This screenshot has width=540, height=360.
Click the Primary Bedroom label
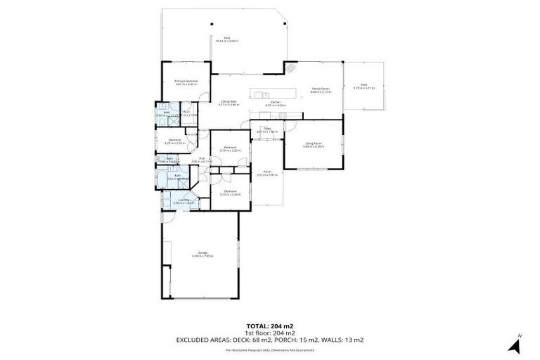(186, 81)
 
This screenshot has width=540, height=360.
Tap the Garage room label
(202, 252)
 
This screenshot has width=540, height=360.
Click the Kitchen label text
(276, 102)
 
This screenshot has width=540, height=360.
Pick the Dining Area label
(229, 101)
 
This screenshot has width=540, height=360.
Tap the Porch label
(267, 172)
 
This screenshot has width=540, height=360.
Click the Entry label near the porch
(267, 128)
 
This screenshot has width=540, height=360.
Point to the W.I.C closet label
(187, 112)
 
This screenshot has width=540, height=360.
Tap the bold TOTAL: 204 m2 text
(269, 326)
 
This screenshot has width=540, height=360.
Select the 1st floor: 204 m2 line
(269, 333)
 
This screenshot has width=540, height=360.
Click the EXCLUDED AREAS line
(269, 340)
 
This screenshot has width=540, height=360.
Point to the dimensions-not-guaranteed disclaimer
(269, 349)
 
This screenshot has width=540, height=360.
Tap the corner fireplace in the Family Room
(290, 67)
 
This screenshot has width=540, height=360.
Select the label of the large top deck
(227, 39)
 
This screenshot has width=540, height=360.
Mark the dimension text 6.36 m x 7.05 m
(202, 256)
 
